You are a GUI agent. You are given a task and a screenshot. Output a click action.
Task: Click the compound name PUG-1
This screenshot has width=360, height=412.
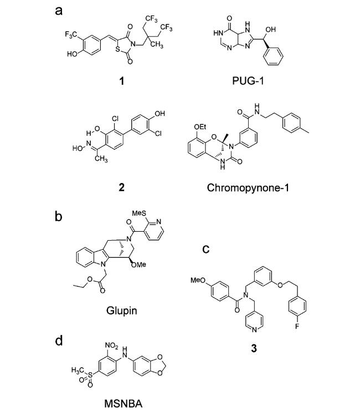(x=248, y=80)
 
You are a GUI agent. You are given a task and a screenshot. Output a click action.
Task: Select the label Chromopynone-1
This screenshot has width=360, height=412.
(x=248, y=187)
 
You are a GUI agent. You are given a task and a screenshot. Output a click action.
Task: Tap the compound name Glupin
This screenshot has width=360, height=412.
(x=121, y=311)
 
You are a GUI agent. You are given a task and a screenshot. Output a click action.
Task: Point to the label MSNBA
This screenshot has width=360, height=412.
(x=124, y=403)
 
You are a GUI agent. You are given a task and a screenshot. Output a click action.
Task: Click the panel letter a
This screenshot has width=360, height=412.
(x=59, y=11)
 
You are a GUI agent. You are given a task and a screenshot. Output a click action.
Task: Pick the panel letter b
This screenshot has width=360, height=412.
(x=59, y=217)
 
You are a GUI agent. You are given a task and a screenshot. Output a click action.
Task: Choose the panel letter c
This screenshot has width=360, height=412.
(x=206, y=249)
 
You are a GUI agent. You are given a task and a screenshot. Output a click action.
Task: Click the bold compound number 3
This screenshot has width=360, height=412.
(x=254, y=348)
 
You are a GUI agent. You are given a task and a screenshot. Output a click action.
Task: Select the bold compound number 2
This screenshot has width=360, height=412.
(x=121, y=187)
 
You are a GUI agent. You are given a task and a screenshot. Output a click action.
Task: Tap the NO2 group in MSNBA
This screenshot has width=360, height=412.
(x=111, y=345)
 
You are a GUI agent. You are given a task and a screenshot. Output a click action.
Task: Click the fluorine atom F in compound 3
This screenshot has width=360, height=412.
(x=297, y=327)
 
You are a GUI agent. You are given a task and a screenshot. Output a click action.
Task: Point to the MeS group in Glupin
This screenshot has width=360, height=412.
(x=139, y=213)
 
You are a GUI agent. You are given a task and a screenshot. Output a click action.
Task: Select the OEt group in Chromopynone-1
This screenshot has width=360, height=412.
(x=200, y=127)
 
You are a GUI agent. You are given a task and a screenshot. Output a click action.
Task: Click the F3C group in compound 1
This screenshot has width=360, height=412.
(x=71, y=35)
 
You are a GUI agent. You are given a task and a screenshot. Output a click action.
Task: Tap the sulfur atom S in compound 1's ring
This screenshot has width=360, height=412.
(x=118, y=49)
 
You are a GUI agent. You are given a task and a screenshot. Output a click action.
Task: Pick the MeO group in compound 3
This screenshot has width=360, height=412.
(x=198, y=281)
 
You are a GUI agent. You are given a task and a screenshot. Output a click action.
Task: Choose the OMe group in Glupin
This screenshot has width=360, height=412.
(x=138, y=265)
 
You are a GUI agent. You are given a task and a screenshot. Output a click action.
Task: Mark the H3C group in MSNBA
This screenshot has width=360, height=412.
(x=78, y=370)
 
